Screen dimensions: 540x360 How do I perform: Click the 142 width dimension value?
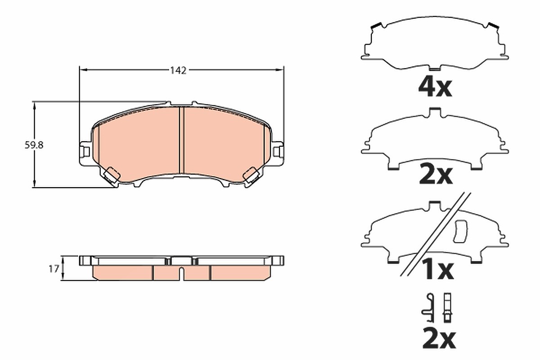coord(178,70)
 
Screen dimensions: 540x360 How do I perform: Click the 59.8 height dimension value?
coord(34,145)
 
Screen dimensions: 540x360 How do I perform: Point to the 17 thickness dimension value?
coord(54,269)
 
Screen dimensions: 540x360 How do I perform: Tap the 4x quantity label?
coord(435,88)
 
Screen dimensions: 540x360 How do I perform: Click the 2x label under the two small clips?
coord(439,339)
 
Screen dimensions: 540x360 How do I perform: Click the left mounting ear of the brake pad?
coord(85,153)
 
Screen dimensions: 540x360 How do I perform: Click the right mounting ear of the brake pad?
coord(278,153)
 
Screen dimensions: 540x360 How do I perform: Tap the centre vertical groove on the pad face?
coord(181,140)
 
